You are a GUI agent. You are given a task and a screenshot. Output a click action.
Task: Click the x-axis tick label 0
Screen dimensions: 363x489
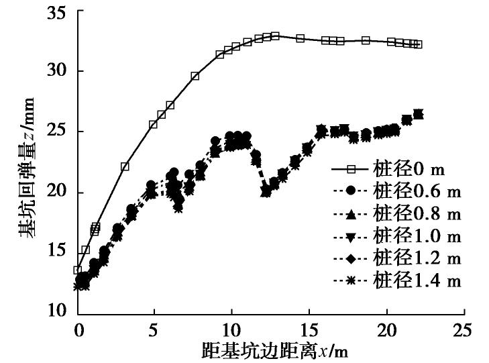coord(78,331)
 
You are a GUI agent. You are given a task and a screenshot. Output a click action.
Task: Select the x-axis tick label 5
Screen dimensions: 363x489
coord(154,331)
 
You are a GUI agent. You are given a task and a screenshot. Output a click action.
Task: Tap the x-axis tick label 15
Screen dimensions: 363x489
coord(309,331)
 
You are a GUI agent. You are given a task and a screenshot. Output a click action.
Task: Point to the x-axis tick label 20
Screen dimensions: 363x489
coord(386,331)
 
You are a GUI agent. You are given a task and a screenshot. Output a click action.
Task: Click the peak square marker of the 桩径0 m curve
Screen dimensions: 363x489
coord(275,36)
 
